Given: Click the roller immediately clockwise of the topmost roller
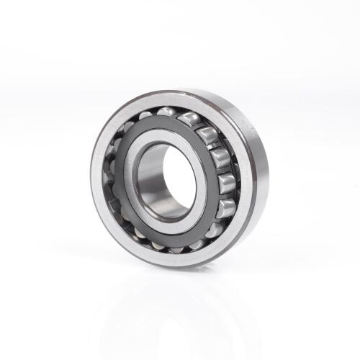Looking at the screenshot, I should click(x=189, y=117).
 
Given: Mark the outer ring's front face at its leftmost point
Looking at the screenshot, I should click(x=96, y=184).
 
